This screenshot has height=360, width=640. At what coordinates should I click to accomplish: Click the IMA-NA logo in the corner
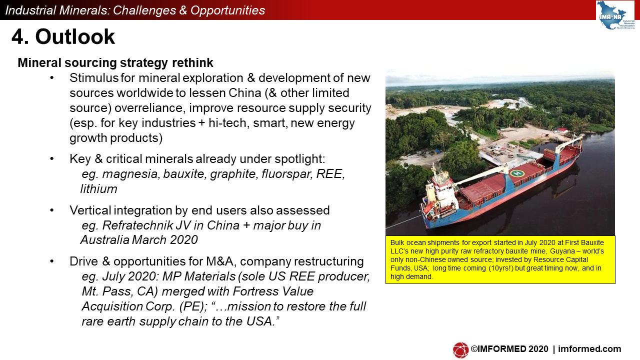click(615, 15)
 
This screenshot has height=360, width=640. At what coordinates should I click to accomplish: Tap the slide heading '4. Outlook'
click(63, 37)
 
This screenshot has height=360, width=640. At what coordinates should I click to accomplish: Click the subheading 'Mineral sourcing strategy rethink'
click(115, 63)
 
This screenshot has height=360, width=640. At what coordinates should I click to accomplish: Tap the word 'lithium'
click(99, 189)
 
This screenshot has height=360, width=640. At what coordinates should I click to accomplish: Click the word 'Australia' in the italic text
click(104, 240)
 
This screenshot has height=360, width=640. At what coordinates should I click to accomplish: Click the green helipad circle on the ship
click(517, 173)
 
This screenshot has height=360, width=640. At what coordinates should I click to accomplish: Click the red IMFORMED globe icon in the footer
click(460, 350)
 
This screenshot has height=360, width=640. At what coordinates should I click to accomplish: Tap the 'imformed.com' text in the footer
click(589, 349)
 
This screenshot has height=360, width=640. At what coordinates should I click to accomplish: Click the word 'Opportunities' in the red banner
click(227, 10)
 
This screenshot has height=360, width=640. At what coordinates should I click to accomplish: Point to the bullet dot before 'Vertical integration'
click(51, 210)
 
